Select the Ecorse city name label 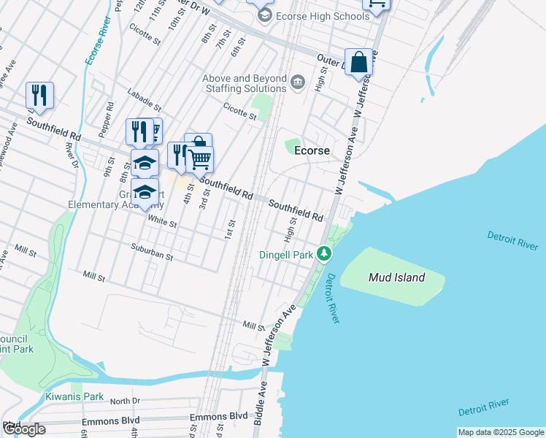(x=312, y=150)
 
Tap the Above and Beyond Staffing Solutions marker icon (x=297, y=81)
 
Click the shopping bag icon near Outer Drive (x=358, y=63)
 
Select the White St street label (x=162, y=220)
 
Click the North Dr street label (x=125, y=401)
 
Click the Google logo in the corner (x=24, y=429)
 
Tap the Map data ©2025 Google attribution (x=500, y=432)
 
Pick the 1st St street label (x=231, y=228)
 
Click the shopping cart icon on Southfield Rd (x=199, y=159)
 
